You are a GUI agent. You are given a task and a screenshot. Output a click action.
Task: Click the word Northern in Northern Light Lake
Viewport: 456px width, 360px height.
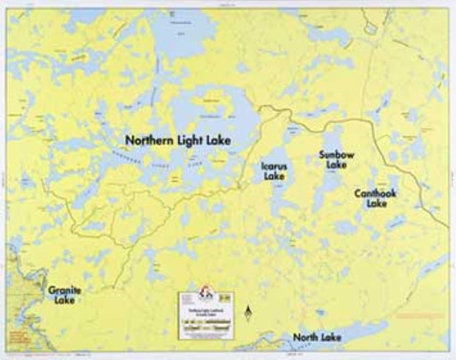(x=151, y=139)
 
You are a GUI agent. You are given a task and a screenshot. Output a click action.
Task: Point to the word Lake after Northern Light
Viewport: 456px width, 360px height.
(x=219, y=139)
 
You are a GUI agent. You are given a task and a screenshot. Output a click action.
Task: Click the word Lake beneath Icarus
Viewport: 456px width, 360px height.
(x=275, y=176)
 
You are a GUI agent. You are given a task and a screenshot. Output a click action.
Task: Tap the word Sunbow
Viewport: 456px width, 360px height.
(x=332, y=155)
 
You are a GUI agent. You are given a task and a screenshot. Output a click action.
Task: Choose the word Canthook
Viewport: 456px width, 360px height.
(x=376, y=194)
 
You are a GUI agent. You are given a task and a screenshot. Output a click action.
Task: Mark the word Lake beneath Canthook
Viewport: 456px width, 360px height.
(x=376, y=204)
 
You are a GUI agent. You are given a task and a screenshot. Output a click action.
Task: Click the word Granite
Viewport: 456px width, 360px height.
(x=65, y=291)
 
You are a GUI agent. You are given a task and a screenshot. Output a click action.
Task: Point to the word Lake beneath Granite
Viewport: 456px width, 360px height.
(x=64, y=301)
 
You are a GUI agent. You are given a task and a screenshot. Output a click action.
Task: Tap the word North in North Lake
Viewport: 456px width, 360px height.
(x=307, y=338)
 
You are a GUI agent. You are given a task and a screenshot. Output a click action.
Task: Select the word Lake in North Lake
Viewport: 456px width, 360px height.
(x=331, y=338)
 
